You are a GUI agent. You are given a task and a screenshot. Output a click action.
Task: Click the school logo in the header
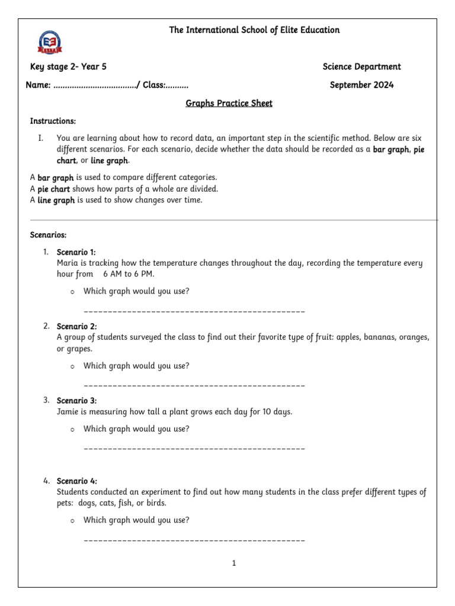[50, 43]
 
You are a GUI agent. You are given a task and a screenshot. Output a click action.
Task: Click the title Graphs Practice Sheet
[229, 104]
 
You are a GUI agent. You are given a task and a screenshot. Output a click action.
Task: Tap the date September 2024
[361, 85]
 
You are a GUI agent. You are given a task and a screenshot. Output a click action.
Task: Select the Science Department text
[361, 67]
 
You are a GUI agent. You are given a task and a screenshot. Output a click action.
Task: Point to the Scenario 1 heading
[76, 252]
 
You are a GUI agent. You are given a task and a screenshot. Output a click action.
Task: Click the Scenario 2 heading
[76, 327]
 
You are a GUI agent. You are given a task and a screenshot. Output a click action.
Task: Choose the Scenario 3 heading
[76, 401]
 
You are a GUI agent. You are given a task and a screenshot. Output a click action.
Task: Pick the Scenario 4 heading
[76, 481]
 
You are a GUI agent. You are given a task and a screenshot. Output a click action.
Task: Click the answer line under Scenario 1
[194, 311]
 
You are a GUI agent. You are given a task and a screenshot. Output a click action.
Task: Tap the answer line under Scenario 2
[194, 386]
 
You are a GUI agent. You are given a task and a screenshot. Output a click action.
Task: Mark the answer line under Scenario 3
[194, 449]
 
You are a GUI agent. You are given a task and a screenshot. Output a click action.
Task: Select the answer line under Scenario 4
[194, 540]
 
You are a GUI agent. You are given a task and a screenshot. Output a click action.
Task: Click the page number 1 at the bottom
[234, 563]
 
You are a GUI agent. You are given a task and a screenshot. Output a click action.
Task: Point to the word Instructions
[53, 121]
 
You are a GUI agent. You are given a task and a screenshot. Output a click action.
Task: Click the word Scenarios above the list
[48, 235]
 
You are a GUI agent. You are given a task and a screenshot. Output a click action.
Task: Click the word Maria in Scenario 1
[68, 263]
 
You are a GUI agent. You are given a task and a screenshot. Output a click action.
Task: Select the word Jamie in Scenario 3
[69, 411]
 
